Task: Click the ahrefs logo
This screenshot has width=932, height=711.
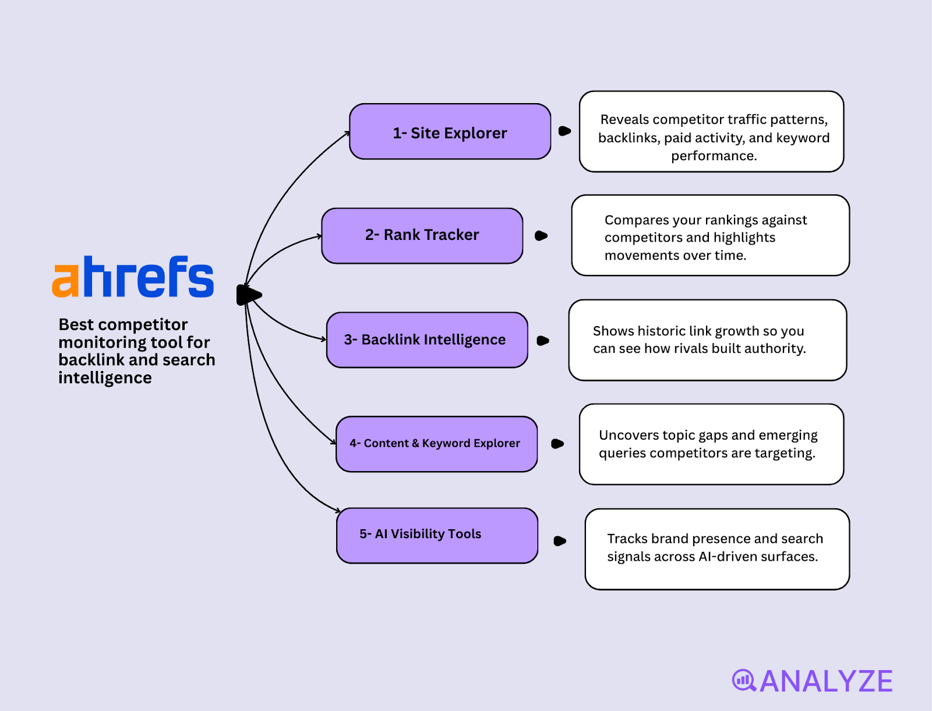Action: [133, 277]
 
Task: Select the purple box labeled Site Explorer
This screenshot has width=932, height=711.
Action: [450, 132]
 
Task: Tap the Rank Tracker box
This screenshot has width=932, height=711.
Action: [422, 235]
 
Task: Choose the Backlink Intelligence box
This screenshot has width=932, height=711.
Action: [426, 340]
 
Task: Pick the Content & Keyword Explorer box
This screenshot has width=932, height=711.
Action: [436, 444]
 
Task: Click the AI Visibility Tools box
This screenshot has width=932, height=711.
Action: [436, 535]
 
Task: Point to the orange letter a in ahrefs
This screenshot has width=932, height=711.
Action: [65, 281]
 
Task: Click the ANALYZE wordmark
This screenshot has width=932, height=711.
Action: [826, 681]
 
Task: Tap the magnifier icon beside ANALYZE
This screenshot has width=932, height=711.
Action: [744, 680]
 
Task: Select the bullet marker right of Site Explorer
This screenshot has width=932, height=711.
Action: [564, 131]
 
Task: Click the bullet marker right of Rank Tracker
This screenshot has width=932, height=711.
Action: [541, 236]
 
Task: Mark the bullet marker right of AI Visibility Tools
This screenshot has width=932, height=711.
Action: [560, 541]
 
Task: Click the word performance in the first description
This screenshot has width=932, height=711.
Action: [714, 156]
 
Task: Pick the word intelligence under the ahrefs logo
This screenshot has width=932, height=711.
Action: [105, 379]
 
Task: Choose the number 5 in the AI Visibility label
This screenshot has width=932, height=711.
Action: [363, 534]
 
